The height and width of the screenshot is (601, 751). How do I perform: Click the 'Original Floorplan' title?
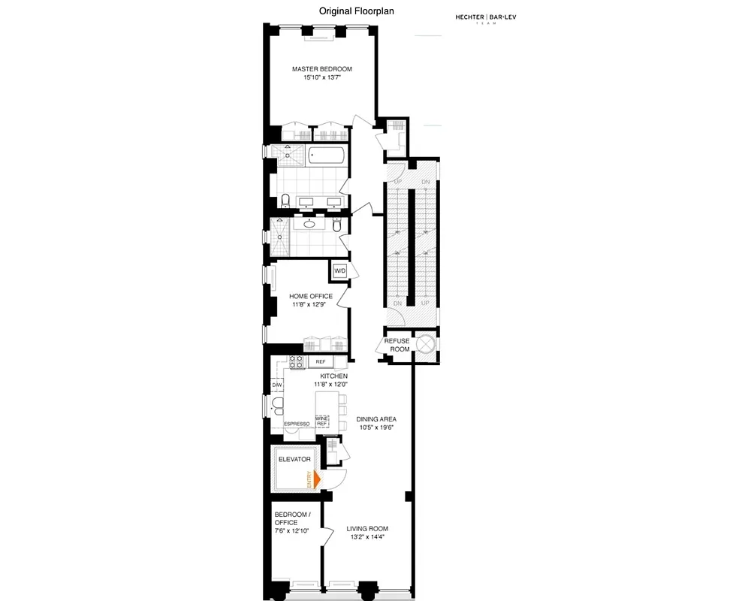click(357, 11)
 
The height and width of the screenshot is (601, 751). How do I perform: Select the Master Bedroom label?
click(321, 69)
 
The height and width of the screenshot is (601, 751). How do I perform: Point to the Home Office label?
click(311, 296)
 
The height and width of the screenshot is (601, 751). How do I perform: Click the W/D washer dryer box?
click(339, 270)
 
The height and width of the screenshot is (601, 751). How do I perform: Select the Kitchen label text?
click(333, 375)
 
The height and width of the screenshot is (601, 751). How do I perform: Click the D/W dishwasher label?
click(276, 385)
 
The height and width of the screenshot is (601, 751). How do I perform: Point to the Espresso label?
click(297, 424)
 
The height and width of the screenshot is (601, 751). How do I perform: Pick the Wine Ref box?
click(322, 421)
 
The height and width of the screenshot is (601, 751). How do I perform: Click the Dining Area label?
click(377, 419)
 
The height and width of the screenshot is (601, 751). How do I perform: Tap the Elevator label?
click(294, 459)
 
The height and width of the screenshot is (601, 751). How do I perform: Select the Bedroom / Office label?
click(286, 518)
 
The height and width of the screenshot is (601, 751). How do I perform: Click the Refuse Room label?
click(397, 345)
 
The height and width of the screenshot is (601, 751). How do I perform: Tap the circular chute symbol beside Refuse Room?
click(426, 344)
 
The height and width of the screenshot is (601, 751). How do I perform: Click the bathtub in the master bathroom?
click(327, 156)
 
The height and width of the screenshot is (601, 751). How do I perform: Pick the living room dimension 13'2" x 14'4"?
click(366, 536)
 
